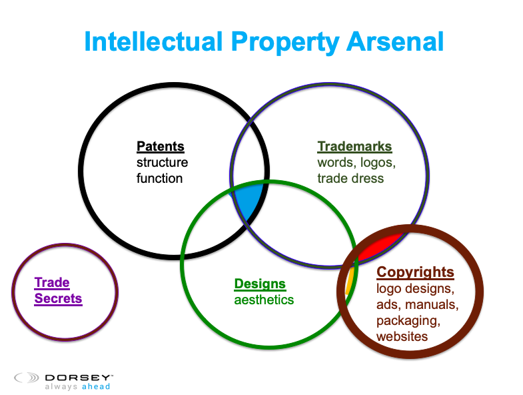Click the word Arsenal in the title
tap(395, 41)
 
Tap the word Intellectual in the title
tap(153, 41)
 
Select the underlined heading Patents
tap(161, 146)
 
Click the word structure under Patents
tap(162, 162)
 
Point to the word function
tap(159, 178)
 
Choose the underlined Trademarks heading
tap(354, 146)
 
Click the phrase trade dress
tap(350, 178)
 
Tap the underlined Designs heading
tap(260, 284)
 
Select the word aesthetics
tap(264, 300)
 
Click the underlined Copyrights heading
tap(415, 272)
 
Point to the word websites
tap(402, 336)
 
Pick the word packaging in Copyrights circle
tap(408, 321)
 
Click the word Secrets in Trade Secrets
tap(58, 298)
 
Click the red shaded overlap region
tap(380, 248)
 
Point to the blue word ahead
tap(96, 386)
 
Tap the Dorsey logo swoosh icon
tap(27, 378)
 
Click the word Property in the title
tap(284, 43)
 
